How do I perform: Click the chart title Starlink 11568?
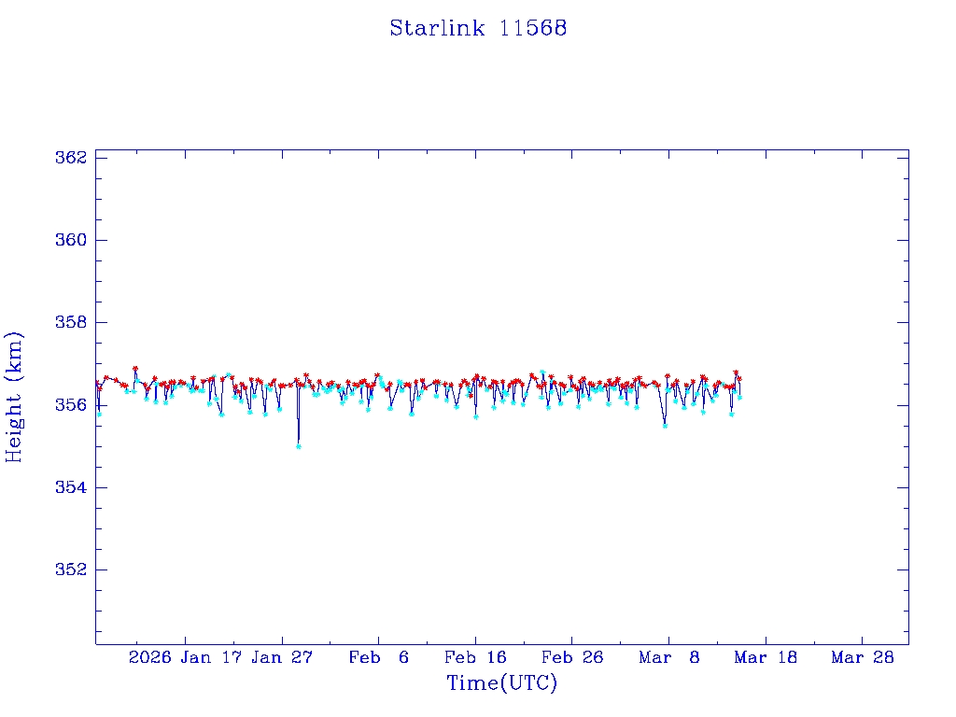(478, 28)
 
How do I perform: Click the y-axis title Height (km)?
(14, 397)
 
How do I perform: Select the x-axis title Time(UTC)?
(502, 683)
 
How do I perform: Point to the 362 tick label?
(71, 157)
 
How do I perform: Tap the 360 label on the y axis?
(71, 240)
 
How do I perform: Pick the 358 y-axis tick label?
(71, 322)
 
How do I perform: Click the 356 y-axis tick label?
(71, 405)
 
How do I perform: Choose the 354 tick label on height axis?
(71, 487)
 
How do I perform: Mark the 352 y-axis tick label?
(71, 569)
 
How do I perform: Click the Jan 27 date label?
(283, 658)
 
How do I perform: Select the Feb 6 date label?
(379, 658)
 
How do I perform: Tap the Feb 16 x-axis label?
(475, 658)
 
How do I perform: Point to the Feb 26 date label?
(572, 658)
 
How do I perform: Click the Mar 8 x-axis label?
(669, 658)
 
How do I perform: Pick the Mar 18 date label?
(766, 658)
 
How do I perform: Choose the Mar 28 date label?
(863, 658)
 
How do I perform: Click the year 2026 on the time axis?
(149, 658)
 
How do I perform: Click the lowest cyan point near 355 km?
(298, 446)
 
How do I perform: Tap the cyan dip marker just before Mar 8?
(665, 426)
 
